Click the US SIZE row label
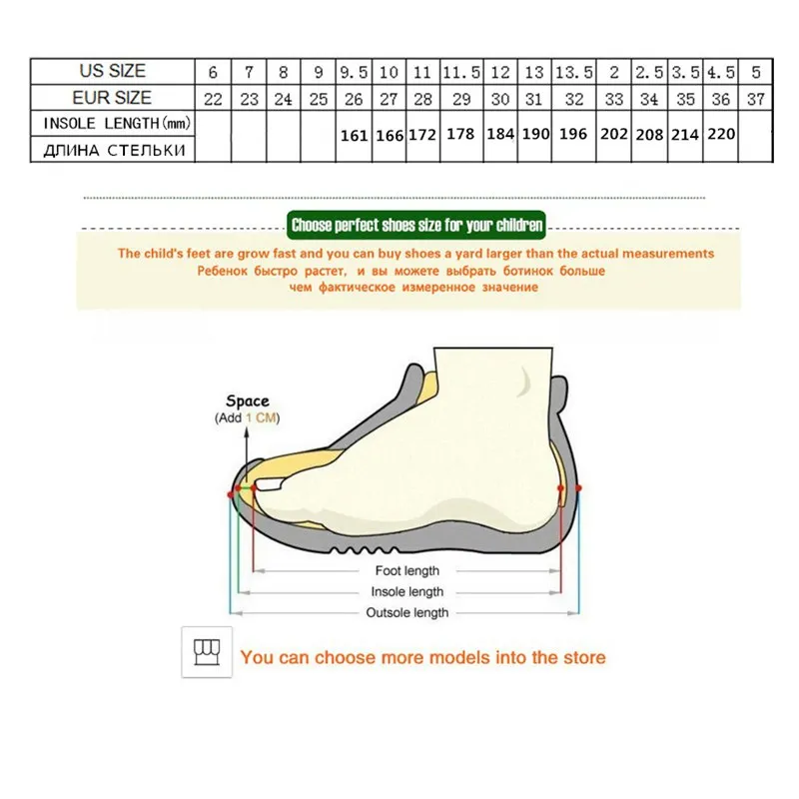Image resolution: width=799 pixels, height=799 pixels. point(113,71)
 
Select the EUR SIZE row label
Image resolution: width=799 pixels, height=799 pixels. point(113,98)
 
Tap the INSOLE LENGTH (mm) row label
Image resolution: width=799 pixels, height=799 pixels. point(113,123)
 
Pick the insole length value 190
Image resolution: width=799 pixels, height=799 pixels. point(535,134)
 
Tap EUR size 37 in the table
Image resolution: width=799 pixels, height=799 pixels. point(756,99)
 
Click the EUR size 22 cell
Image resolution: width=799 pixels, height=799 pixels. point(213,99)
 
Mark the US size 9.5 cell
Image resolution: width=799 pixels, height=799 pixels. point(355,72)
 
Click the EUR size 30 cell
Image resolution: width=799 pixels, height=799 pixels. point(500,99)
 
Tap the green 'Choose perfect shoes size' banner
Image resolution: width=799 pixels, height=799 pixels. point(416,226)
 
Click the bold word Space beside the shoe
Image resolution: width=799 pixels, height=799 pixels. point(247,401)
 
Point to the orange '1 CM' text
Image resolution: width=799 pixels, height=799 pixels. point(263,418)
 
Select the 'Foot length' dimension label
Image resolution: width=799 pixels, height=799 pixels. point(406,570)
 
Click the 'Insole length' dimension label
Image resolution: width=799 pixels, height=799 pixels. point(406,591)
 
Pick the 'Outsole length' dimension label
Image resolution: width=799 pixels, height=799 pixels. point(406,612)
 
